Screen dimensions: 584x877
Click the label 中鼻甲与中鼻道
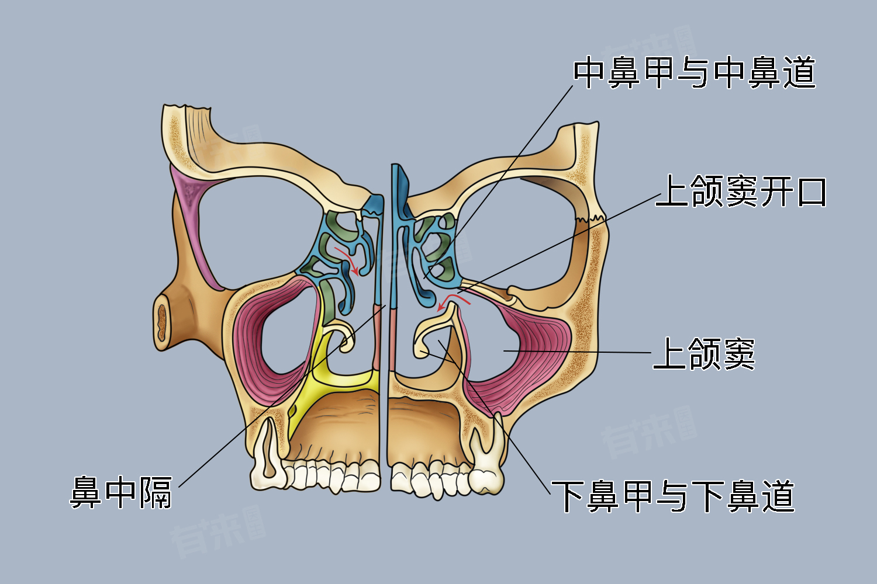(x=694, y=73)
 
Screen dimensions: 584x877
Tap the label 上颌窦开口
(x=741, y=192)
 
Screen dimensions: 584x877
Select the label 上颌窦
(x=704, y=354)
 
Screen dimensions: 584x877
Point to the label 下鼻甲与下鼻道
(x=673, y=496)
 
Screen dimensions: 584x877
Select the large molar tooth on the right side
(x=487, y=467)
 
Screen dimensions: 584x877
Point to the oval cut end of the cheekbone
(x=161, y=321)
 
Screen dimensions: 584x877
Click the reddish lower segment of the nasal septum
(x=378, y=339)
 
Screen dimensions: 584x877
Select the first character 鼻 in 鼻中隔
(x=87, y=493)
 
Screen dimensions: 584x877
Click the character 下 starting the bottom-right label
(x=568, y=496)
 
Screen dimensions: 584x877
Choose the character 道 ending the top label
(x=799, y=73)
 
